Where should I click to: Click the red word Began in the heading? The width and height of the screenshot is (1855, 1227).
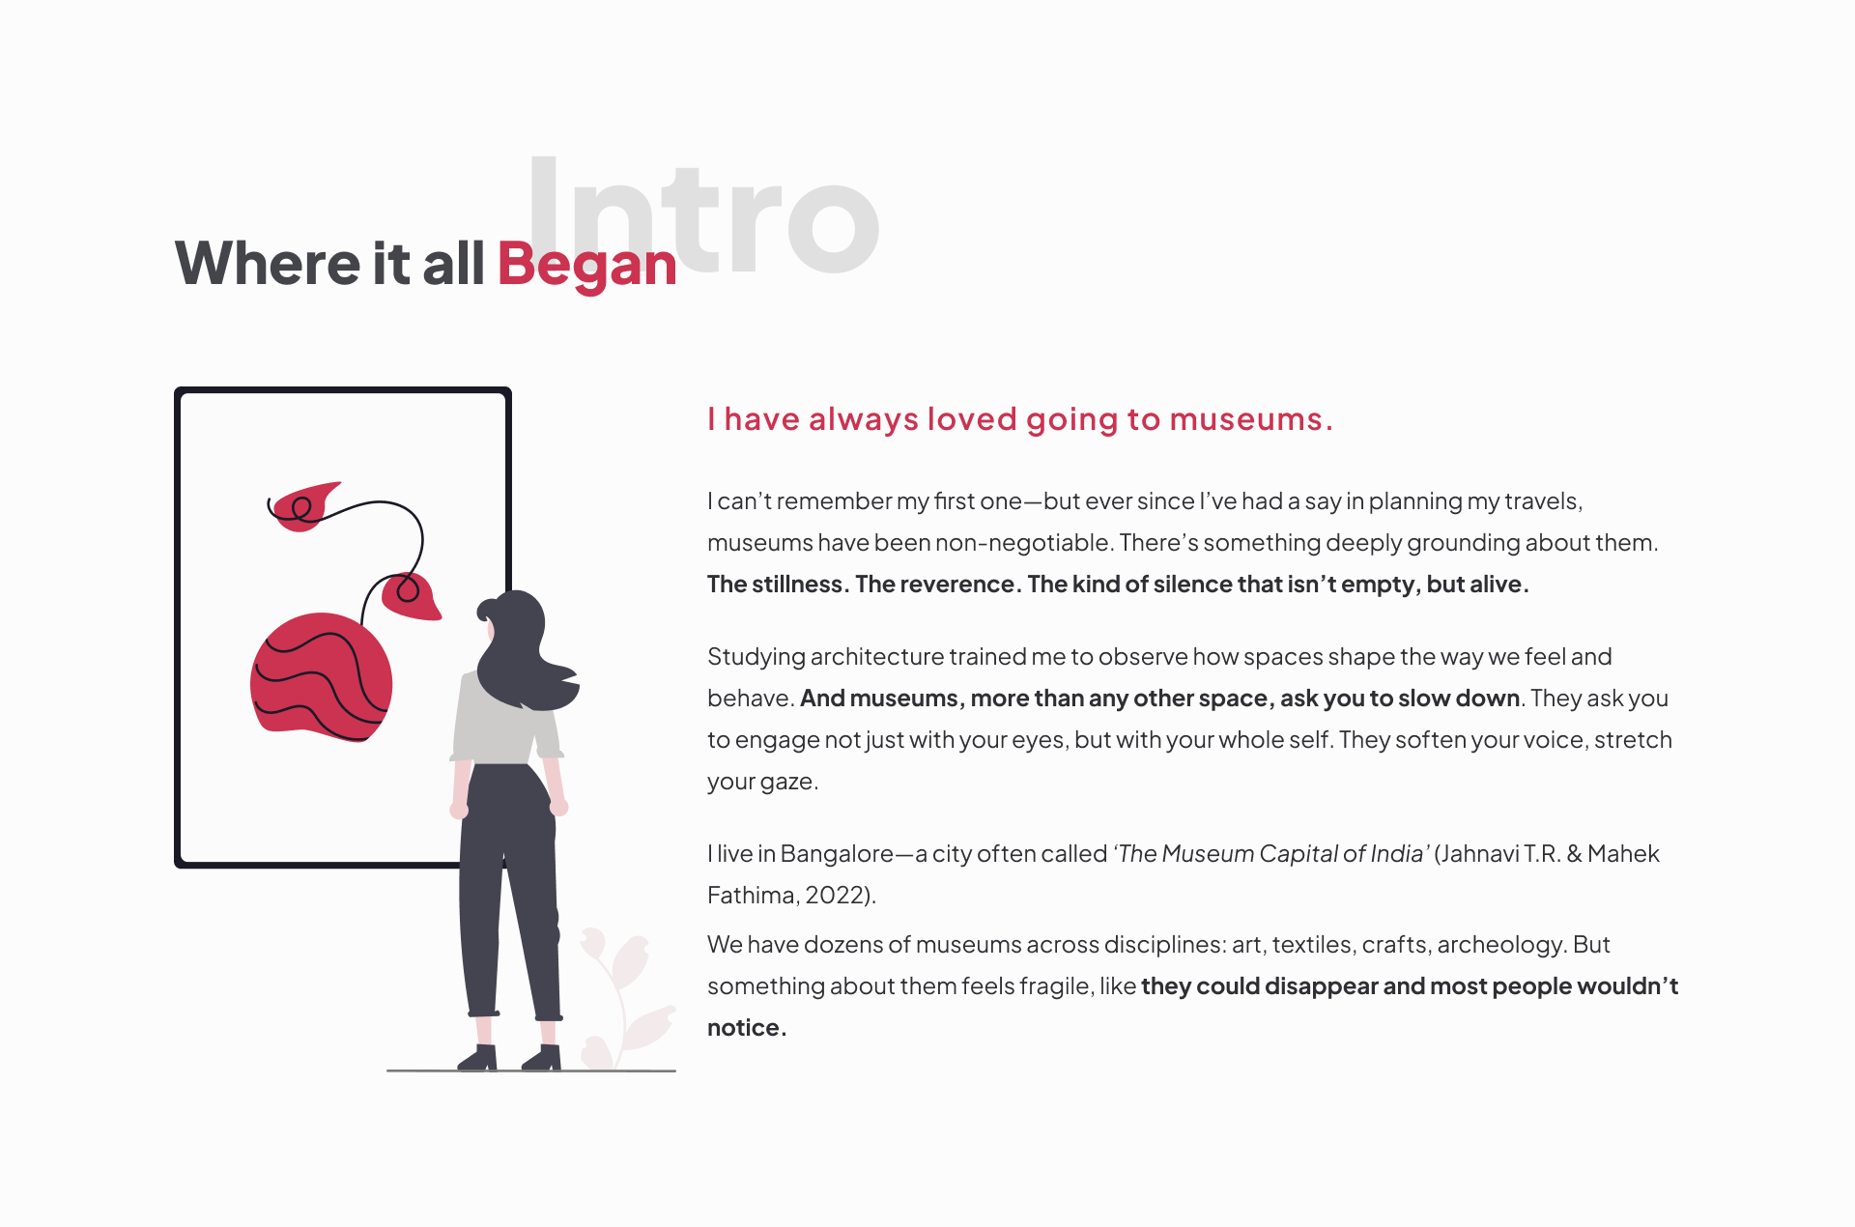pos(586,265)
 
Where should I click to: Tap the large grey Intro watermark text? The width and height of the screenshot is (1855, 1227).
pos(703,215)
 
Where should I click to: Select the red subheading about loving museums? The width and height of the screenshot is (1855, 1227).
pos(1019,419)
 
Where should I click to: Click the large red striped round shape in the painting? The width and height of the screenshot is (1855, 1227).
pos(321,676)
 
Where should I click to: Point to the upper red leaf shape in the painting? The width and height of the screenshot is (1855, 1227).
pos(304,506)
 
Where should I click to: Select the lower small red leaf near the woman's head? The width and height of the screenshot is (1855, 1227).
pos(411,595)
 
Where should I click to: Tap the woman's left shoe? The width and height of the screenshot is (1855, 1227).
pos(478,1059)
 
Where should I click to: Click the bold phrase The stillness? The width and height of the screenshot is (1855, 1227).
pos(778,585)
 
